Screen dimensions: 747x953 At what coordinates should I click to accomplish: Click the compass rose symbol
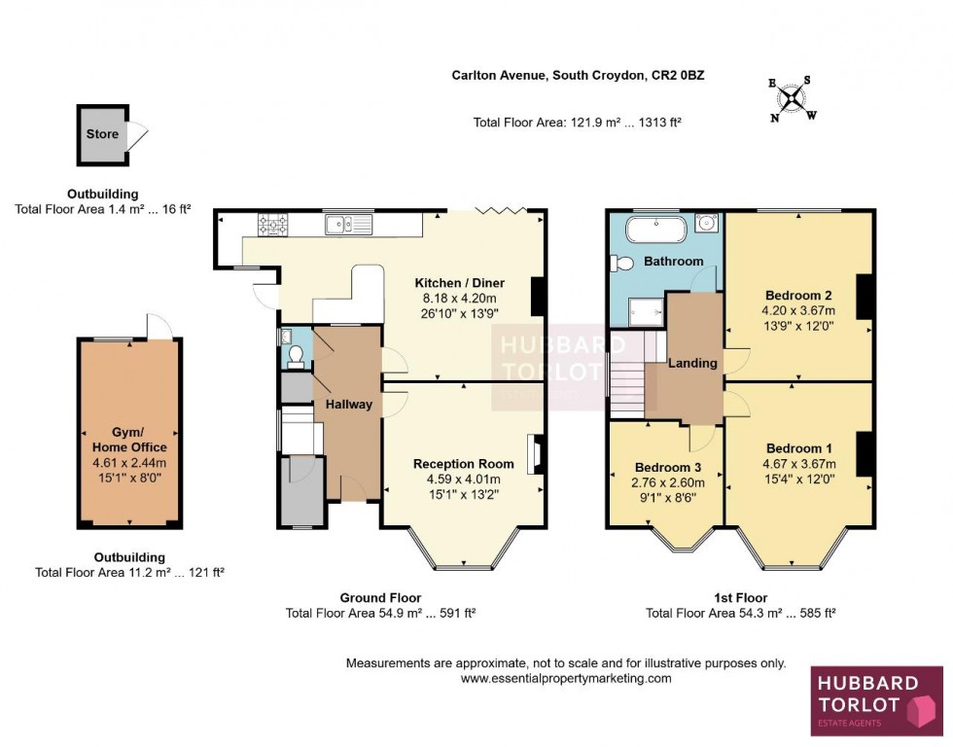[x=794, y=97]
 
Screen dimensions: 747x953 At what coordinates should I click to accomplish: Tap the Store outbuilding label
[x=101, y=134]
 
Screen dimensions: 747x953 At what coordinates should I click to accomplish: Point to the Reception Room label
[x=463, y=463]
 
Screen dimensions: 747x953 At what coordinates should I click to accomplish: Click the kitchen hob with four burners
[x=273, y=225]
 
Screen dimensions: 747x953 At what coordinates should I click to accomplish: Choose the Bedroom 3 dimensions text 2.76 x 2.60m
[x=669, y=481]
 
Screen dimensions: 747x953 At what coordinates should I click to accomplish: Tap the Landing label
[x=692, y=363]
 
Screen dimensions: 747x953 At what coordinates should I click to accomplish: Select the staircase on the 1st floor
[x=631, y=374]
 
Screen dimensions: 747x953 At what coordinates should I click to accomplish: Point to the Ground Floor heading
[x=380, y=597]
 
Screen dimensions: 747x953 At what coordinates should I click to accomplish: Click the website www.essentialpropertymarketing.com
[x=565, y=678]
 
